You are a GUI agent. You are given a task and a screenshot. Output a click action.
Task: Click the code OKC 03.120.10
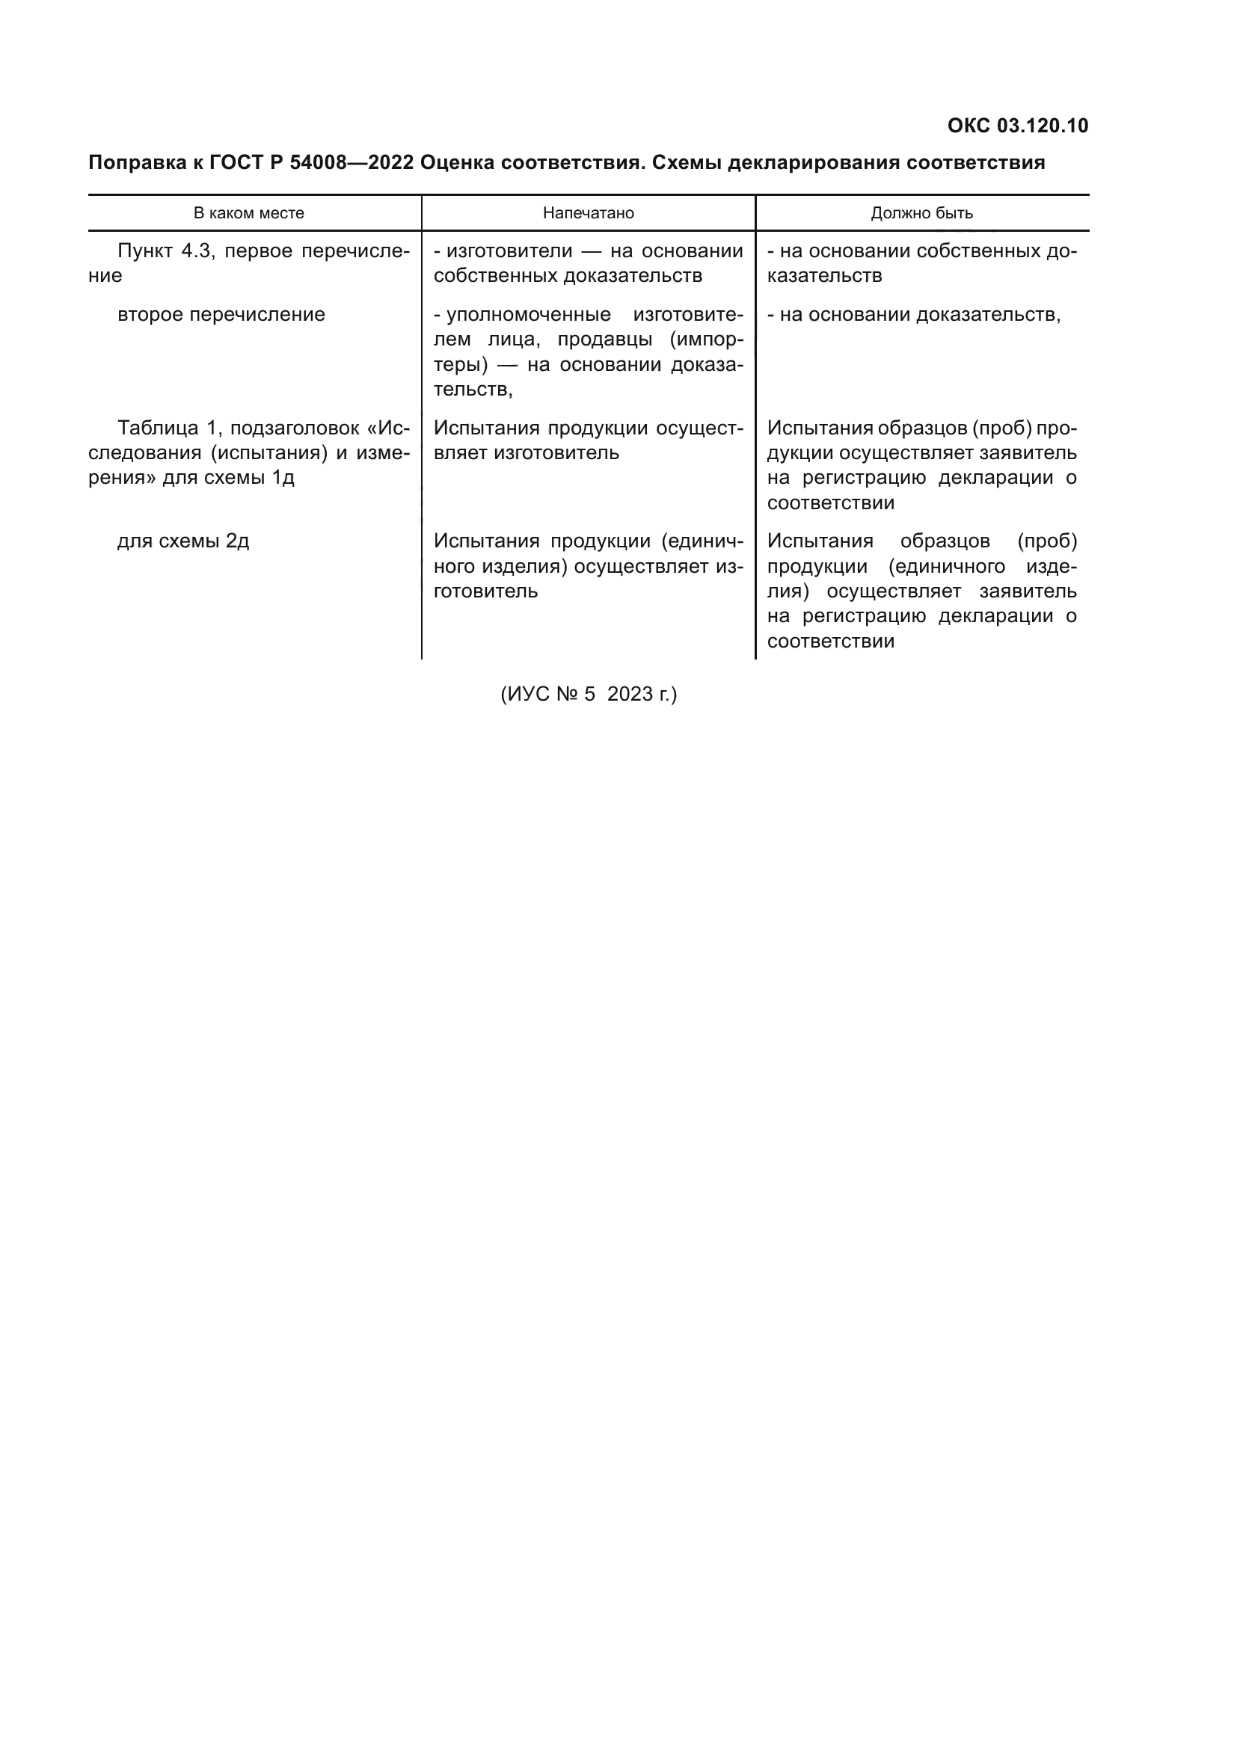coord(1018,126)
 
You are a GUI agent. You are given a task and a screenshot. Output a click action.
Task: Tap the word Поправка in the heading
coord(134,163)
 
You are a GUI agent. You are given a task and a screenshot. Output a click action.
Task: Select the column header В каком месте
coord(248,213)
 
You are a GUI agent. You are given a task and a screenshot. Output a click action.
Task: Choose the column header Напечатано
coord(588,213)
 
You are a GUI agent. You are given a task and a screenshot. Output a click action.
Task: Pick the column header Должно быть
coord(921,213)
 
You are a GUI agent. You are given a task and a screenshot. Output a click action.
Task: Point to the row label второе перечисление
coord(221,315)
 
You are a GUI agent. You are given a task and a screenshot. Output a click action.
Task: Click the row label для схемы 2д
coord(182,541)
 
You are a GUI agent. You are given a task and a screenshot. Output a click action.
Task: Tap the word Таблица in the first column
coord(157,428)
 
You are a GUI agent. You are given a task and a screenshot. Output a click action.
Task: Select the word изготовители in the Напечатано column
coord(509,251)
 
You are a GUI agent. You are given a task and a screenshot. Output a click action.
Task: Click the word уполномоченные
coord(529,315)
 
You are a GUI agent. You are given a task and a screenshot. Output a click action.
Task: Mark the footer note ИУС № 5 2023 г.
coord(588,694)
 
